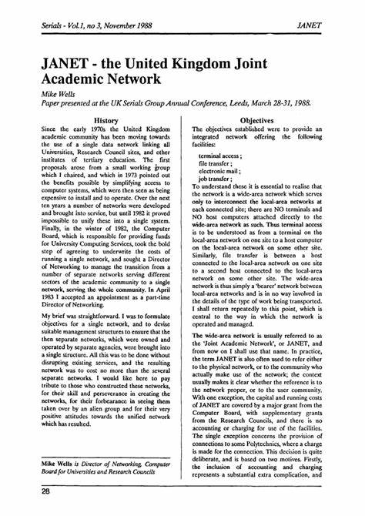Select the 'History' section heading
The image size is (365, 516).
(105, 121)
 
